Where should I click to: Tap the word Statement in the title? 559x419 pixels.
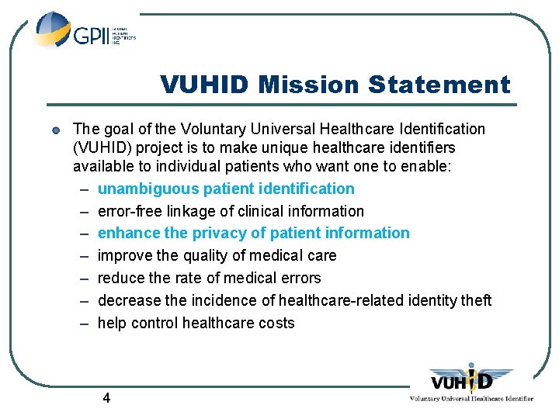[441, 85]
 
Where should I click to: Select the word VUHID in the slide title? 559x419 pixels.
[206, 85]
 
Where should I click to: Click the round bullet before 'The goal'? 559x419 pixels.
[57, 130]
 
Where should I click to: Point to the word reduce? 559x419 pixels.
[121, 278]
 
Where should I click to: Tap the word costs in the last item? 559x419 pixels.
[276, 323]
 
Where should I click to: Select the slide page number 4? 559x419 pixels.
[106, 398]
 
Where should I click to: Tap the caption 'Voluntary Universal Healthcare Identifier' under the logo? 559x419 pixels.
[471, 399]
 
